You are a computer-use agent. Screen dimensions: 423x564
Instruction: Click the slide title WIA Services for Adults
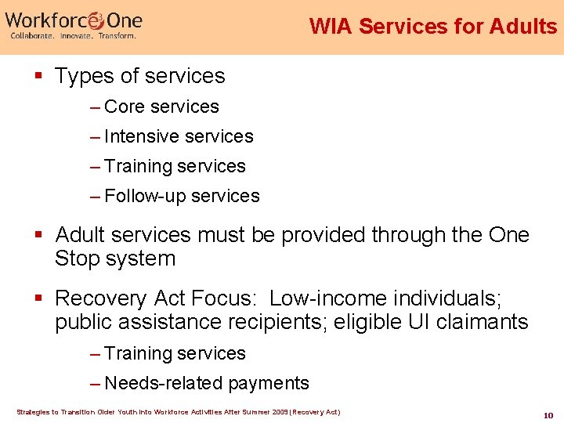(432, 26)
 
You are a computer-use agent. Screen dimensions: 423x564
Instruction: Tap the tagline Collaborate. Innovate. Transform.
(73, 36)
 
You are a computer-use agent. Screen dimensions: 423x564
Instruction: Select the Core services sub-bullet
(161, 107)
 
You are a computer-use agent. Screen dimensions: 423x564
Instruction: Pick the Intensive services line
(178, 136)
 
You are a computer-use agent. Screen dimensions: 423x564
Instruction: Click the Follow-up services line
(181, 196)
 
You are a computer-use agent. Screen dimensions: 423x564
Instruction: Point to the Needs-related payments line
(206, 383)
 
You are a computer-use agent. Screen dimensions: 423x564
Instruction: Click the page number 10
(548, 414)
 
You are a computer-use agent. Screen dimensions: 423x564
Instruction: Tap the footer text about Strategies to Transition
(179, 411)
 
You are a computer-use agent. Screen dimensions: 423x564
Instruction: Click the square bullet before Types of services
(38, 76)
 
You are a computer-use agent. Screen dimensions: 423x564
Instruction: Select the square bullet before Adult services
(38, 235)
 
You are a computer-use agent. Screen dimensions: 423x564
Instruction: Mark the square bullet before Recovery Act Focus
(38, 298)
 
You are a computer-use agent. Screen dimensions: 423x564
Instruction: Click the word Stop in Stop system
(79, 258)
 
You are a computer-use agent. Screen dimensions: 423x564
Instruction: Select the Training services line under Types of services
(174, 166)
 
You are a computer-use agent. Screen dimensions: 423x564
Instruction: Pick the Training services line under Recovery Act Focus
(174, 353)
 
